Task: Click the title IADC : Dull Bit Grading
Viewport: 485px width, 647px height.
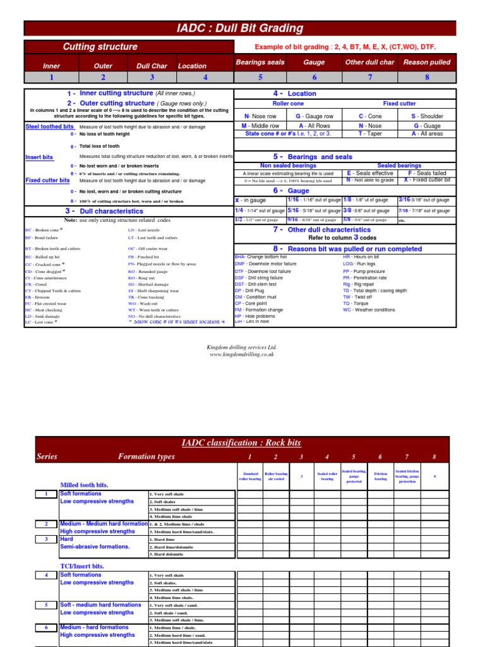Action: click(x=239, y=28)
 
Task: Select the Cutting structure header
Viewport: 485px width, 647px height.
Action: click(x=100, y=47)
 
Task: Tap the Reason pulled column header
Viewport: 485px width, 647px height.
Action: click(x=426, y=63)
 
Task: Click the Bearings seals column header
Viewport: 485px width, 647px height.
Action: click(x=260, y=63)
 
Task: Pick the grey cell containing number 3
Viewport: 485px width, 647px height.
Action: click(x=152, y=77)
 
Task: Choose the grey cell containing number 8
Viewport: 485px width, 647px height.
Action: click(x=426, y=77)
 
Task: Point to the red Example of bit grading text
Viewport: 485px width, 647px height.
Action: click(x=345, y=47)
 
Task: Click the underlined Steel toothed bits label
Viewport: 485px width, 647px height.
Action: click(x=49, y=126)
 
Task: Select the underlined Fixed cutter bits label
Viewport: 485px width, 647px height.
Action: click(x=47, y=180)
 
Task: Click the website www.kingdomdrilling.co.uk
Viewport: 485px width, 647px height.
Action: click(x=242, y=354)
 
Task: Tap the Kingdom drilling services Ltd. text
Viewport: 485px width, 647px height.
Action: click(x=242, y=347)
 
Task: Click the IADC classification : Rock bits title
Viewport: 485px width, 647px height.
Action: click(x=242, y=443)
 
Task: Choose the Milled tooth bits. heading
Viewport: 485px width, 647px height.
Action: click(x=84, y=485)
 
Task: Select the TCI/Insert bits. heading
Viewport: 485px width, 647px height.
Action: click(x=82, y=566)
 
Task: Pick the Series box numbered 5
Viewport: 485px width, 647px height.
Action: click(x=46, y=605)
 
